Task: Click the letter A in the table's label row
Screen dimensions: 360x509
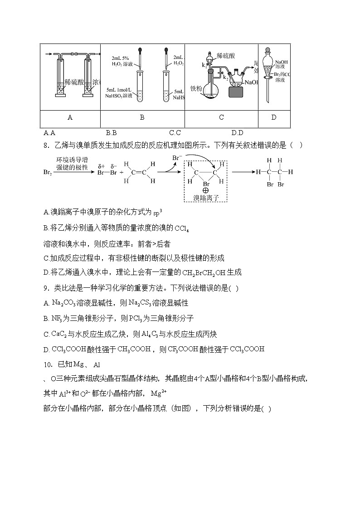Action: pos(70,117)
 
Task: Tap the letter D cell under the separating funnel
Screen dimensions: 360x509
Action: pos(274,117)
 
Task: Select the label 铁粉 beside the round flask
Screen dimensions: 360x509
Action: pos(196,89)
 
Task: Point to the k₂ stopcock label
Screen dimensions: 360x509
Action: pos(225,78)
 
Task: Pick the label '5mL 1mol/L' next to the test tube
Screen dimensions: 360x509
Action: pos(119,90)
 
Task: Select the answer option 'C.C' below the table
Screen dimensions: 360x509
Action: pos(175,133)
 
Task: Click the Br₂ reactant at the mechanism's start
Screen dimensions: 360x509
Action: pos(47,173)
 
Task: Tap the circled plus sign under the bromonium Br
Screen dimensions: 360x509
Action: pos(206,191)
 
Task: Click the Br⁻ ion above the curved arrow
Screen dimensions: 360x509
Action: pos(177,158)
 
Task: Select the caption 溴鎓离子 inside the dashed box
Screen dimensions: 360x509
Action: pos(206,198)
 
